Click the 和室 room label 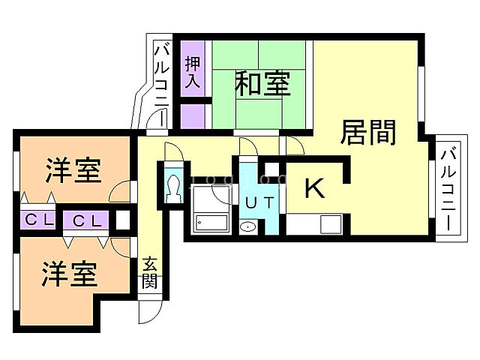point(262,82)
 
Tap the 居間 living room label point(368,132)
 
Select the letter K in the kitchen point(315,188)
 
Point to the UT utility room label point(259,202)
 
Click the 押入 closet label point(193,72)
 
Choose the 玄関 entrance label point(149,272)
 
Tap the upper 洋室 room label point(73,170)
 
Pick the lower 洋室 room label point(70,274)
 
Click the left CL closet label point(39,220)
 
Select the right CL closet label point(87,220)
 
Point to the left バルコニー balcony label point(161,85)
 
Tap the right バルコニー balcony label point(448,189)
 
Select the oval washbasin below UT point(248,226)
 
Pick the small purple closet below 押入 point(192,116)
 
